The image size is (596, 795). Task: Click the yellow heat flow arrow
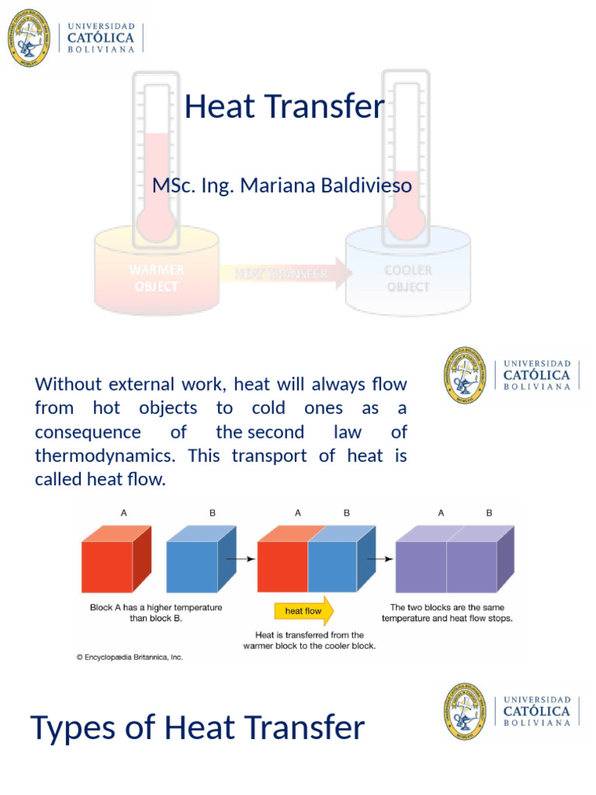click(303, 611)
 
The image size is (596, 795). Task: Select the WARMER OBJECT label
click(157, 278)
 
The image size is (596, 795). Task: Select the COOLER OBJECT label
click(408, 278)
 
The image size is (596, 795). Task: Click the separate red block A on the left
click(115, 562)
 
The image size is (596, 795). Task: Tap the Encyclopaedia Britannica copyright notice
click(130, 657)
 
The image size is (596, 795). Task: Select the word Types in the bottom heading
click(74, 728)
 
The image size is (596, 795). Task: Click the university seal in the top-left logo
click(29, 37)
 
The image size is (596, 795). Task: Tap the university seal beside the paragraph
click(465, 375)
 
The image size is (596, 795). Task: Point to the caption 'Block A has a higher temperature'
click(156, 607)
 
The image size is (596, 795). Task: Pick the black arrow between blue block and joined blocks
click(245, 558)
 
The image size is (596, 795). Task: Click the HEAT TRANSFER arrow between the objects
click(283, 273)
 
